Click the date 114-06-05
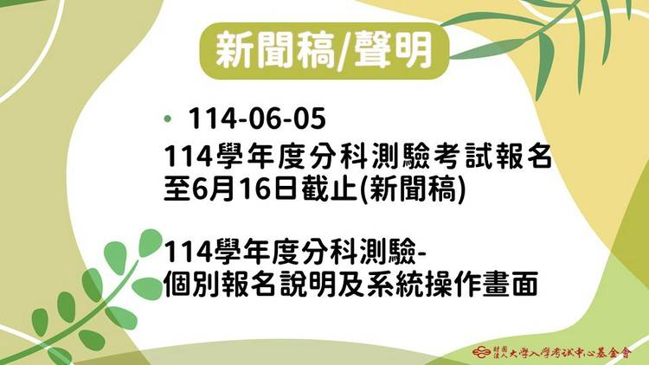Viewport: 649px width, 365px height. pyautogui.click(x=257, y=118)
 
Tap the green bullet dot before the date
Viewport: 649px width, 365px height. pyautogui.click(x=168, y=119)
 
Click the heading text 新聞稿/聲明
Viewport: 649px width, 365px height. pyautogui.click(x=324, y=51)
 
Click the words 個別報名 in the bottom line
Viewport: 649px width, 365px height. pyautogui.click(x=220, y=284)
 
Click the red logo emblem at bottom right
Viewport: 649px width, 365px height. pyautogui.click(x=482, y=353)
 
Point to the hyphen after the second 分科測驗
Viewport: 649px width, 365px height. pyautogui.click(x=422, y=253)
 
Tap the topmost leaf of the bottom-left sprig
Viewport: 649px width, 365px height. pyautogui.click(x=150, y=242)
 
